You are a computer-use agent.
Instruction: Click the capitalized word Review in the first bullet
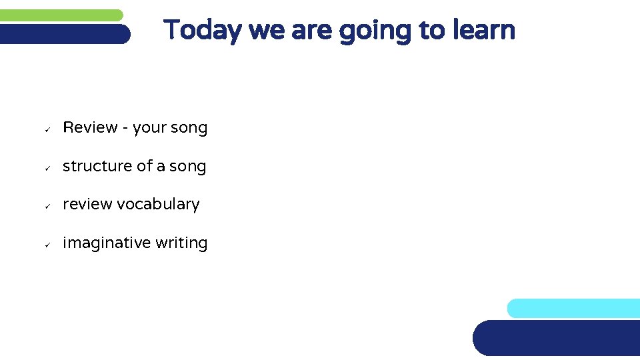pyautogui.click(x=90, y=128)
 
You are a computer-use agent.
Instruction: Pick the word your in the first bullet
pyautogui.click(x=150, y=128)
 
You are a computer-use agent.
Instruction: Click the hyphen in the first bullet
pyautogui.click(x=125, y=128)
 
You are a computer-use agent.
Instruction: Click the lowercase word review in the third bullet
pyautogui.click(x=87, y=204)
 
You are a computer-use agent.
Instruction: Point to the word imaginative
pyautogui.click(x=107, y=243)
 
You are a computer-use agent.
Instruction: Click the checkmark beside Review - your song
pyautogui.click(x=47, y=129)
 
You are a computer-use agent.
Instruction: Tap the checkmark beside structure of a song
pyautogui.click(x=47, y=167)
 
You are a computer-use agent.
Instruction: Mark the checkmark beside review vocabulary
pyautogui.click(x=47, y=205)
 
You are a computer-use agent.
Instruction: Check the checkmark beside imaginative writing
pyautogui.click(x=47, y=243)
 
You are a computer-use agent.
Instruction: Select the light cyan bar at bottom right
pyautogui.click(x=573, y=308)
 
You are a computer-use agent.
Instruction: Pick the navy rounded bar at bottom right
pyautogui.click(x=557, y=338)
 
